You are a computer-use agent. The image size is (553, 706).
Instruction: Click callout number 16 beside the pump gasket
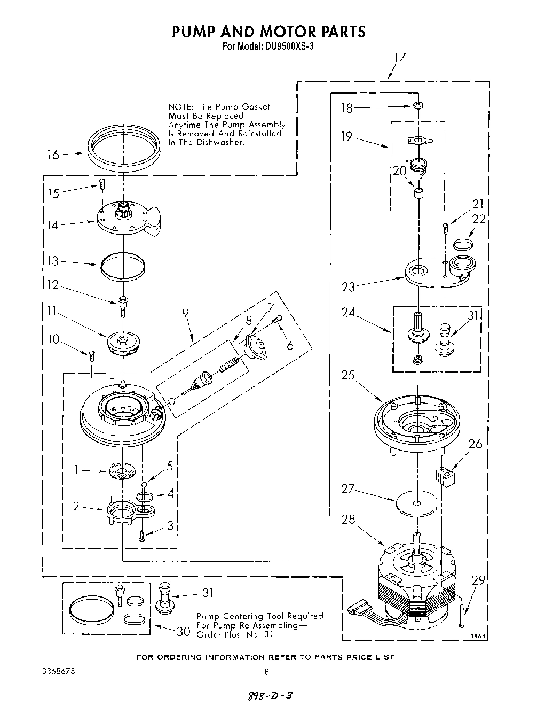pos(53,155)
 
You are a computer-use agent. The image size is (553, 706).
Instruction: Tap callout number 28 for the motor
pos(348,519)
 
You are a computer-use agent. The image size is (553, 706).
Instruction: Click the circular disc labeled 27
pos(417,503)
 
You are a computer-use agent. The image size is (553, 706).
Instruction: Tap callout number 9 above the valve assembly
pos(186,314)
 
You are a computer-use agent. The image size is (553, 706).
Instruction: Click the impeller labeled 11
pos(123,343)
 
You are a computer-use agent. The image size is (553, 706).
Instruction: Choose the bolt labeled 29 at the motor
pos(462,615)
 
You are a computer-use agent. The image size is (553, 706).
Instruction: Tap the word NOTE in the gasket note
pos(179,107)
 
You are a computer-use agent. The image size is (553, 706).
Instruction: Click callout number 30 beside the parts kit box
pos(183,631)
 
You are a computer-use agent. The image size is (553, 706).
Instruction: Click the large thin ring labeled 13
pos(123,265)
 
